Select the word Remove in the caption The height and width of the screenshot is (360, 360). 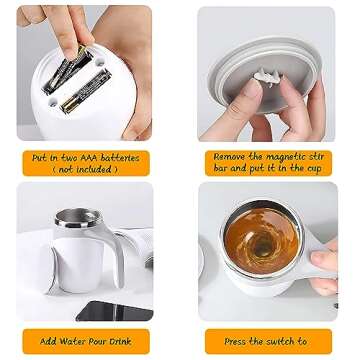tap(231, 157)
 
